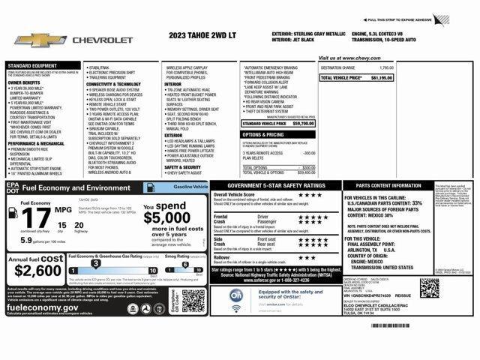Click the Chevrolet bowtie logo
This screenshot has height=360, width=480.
point(31,39)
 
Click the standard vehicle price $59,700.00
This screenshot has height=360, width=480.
point(304,123)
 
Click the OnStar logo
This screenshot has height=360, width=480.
point(235,297)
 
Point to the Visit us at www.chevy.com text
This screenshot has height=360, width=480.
point(349,58)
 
